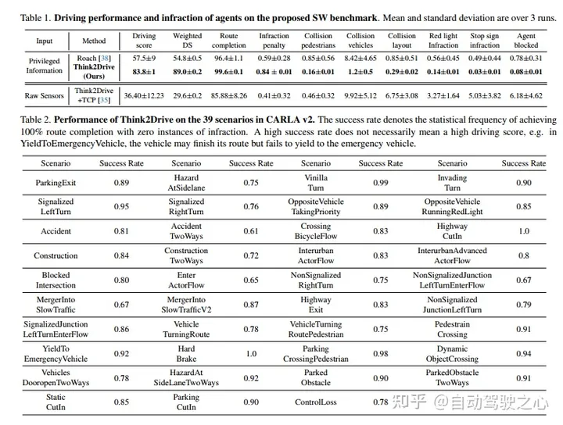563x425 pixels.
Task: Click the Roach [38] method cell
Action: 93,59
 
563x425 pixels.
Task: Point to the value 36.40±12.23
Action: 145,95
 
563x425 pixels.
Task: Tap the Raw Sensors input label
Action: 44,95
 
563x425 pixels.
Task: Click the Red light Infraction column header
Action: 443,41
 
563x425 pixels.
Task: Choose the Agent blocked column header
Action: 526,41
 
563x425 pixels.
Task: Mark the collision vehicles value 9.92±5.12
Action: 360,95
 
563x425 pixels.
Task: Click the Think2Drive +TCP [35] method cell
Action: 93,95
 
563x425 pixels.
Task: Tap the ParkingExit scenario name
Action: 55,181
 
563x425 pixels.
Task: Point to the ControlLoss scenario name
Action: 315,402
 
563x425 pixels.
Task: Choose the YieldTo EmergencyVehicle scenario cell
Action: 55,353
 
